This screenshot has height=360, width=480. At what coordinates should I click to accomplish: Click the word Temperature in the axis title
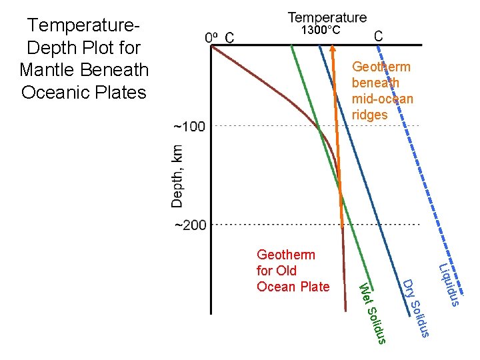tap(327, 17)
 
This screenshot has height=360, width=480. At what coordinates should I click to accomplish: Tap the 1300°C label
tap(320, 31)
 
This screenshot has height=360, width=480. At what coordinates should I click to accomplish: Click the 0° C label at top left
tap(219, 37)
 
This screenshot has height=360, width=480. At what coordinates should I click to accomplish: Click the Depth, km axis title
tap(177, 176)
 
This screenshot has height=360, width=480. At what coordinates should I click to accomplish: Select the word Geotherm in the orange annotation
tap(381, 67)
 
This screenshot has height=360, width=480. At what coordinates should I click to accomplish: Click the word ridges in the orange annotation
tap(370, 115)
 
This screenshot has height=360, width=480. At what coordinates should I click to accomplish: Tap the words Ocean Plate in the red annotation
tap(293, 287)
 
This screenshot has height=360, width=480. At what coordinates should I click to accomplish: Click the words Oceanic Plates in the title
tap(83, 92)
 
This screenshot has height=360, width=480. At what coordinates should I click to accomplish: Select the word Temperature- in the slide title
tap(83, 25)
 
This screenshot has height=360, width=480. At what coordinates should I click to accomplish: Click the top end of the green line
tap(291, 47)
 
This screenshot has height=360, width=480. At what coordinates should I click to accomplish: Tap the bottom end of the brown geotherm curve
tap(346, 309)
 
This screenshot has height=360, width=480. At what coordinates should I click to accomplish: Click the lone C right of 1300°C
tap(378, 37)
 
